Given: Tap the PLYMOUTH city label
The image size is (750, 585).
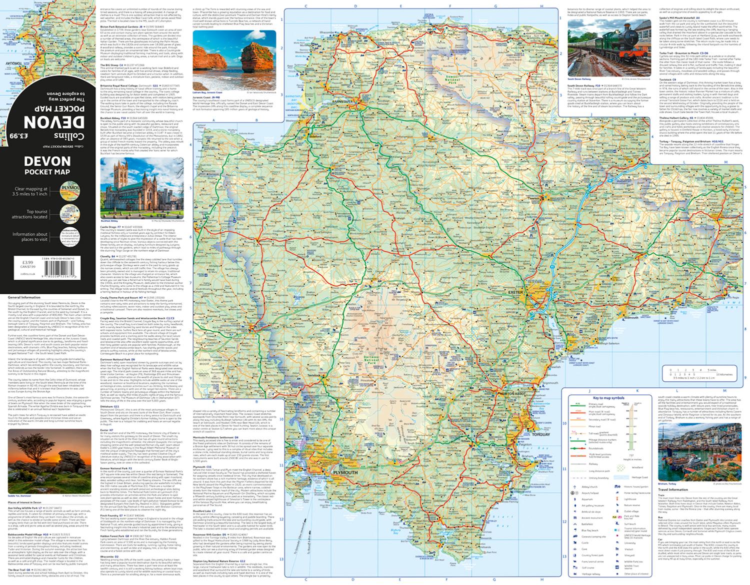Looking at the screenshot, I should tap(345, 472).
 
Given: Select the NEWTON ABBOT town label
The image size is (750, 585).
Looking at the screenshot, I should tap(512, 395).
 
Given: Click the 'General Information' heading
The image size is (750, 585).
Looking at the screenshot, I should tap(24, 297).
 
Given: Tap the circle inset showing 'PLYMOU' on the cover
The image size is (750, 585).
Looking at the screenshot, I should tap(68, 191).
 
